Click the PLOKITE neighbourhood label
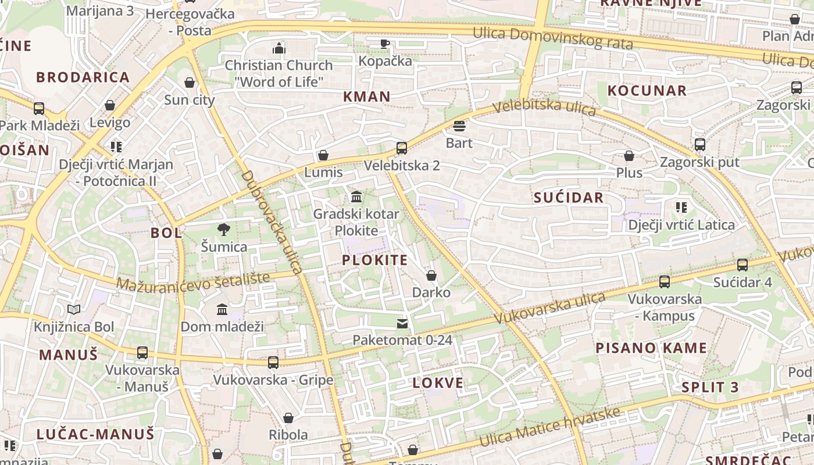375,260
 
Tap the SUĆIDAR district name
569,198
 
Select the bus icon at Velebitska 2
401,148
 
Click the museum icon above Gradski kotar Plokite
356,196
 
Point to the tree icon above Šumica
223,230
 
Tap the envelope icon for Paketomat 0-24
402,323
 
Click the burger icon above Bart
459,126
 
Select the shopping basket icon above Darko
431,276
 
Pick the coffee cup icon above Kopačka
384,44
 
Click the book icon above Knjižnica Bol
74,309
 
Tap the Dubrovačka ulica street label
272,222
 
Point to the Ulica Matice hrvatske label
549,427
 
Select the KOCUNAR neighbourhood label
647,91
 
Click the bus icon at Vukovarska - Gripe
273,363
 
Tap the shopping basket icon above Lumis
323,155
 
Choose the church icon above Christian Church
279,48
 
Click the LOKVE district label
438,383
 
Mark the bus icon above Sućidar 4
742,265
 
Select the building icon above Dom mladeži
222,309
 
